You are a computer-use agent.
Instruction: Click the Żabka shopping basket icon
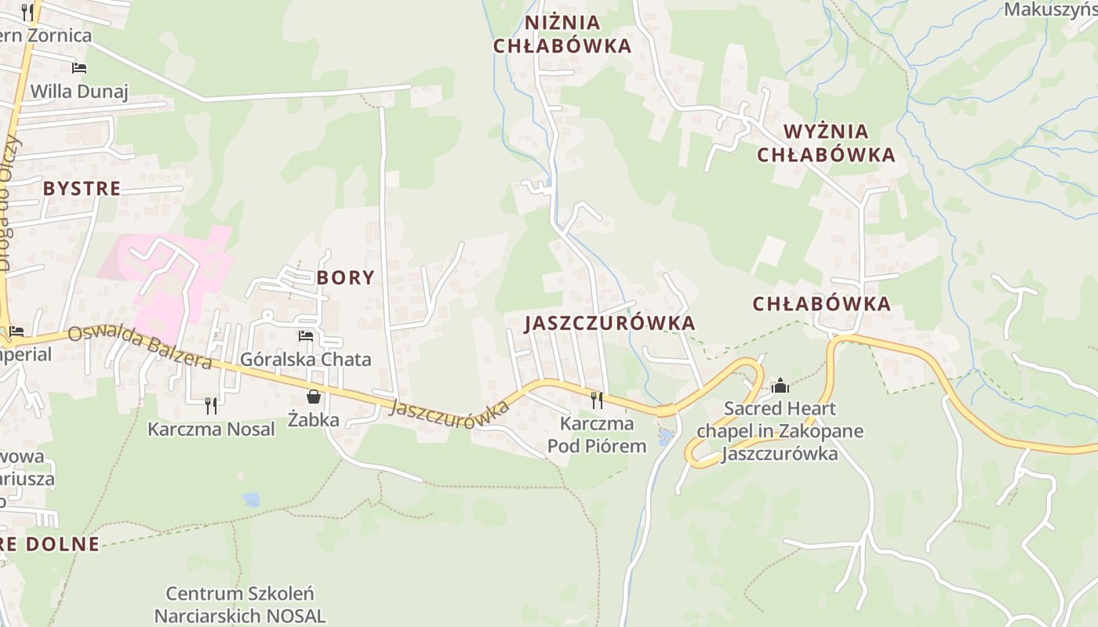point(314,397)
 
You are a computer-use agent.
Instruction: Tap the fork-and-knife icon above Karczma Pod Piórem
point(597,400)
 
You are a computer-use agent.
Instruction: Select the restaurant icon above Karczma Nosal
point(210,405)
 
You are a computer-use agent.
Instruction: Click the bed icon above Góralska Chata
point(306,336)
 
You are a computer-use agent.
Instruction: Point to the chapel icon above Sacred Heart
point(780,386)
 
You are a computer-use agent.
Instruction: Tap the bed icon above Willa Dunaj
point(78,68)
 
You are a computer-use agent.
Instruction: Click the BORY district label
point(345,277)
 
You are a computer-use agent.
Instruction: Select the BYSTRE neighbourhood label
point(82,189)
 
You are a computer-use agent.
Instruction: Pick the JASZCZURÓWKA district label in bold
point(609,323)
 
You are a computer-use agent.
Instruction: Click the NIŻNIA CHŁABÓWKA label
point(562,34)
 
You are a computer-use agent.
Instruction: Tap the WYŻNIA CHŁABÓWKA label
point(826,143)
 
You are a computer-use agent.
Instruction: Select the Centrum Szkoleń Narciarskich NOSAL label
point(239,604)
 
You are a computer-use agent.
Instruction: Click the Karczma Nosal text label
point(212,429)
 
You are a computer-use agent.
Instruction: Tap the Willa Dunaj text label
point(78,92)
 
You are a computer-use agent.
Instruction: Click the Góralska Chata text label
point(305,360)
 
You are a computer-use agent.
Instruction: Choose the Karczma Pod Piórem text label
point(597,435)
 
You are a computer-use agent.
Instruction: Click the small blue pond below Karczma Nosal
point(251,499)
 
